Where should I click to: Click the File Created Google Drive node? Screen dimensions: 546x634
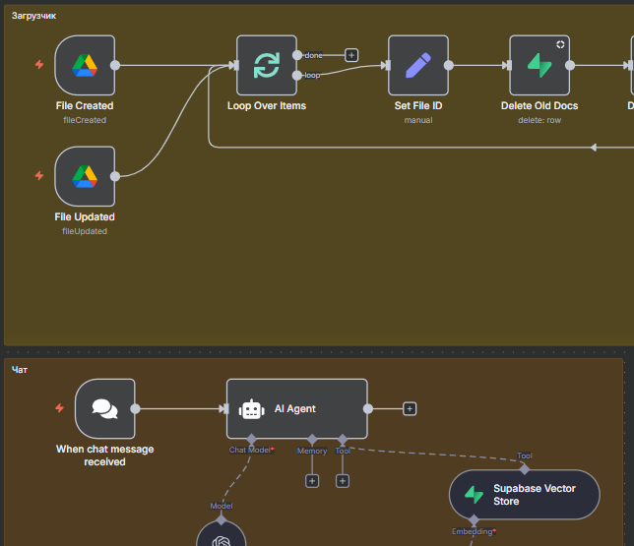(x=85, y=66)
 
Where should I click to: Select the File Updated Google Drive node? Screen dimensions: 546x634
(x=85, y=177)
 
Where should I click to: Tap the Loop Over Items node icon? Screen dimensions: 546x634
(x=267, y=66)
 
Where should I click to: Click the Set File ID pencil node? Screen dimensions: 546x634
(x=418, y=66)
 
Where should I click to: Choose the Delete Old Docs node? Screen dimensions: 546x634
(x=539, y=66)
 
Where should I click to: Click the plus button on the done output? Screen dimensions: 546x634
(x=351, y=55)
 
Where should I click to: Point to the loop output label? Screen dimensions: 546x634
(x=312, y=75)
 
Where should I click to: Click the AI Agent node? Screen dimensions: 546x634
(x=296, y=408)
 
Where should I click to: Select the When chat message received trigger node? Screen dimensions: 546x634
(x=104, y=408)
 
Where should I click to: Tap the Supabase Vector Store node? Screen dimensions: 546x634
(x=524, y=494)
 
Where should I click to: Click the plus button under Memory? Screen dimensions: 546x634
(x=312, y=481)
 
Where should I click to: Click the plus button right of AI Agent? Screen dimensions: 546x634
(x=410, y=408)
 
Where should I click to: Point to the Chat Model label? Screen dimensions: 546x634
(x=250, y=451)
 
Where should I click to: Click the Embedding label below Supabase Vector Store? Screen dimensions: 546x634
(x=473, y=531)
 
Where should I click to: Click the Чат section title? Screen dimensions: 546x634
(x=20, y=370)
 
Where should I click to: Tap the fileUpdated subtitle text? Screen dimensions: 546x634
(x=85, y=231)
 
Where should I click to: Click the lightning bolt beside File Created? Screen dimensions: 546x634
(x=39, y=65)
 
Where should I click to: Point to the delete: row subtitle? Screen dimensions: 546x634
(x=539, y=120)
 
